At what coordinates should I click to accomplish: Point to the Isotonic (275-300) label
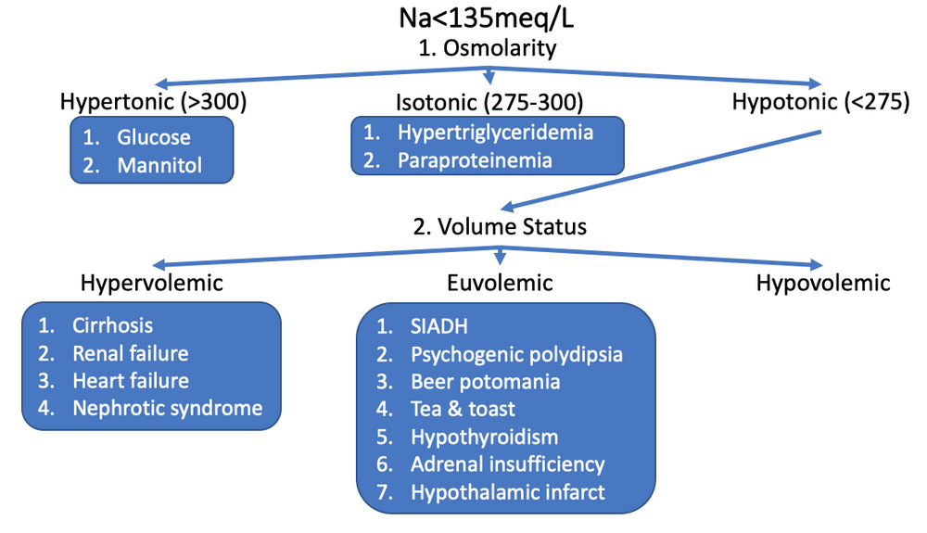(487, 101)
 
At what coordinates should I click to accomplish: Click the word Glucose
(154, 137)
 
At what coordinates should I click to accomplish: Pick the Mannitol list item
(159, 166)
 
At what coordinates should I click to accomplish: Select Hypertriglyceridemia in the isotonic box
(495, 132)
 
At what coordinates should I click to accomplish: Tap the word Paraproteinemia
(475, 159)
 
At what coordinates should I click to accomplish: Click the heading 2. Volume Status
(501, 225)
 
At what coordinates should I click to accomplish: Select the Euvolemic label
(502, 282)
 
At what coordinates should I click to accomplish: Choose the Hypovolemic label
(823, 282)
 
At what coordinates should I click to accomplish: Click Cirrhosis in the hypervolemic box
(112, 325)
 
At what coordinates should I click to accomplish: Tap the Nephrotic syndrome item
(167, 407)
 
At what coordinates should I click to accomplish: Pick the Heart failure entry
(131, 380)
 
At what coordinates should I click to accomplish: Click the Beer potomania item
(485, 381)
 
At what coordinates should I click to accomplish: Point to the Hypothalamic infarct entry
(507, 491)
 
